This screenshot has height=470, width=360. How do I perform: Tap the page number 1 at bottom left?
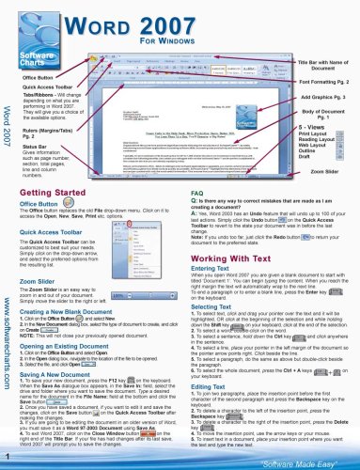[x=8, y=458]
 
